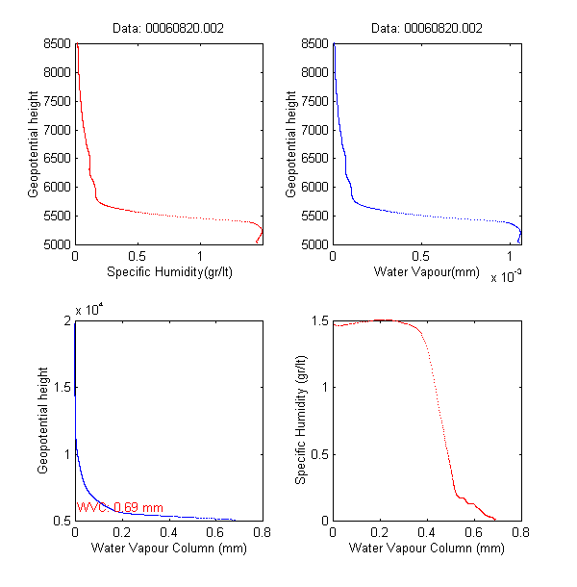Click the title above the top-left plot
click(169, 29)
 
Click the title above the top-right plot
click(427, 29)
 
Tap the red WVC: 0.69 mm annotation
click(120, 507)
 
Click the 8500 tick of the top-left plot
click(57, 43)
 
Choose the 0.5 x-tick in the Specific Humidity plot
click(138, 257)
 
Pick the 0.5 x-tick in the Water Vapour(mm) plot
click(420, 257)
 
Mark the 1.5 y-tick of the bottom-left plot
click(63, 387)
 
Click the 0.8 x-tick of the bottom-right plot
click(521, 532)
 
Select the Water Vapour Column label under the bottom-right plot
click(427, 549)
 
